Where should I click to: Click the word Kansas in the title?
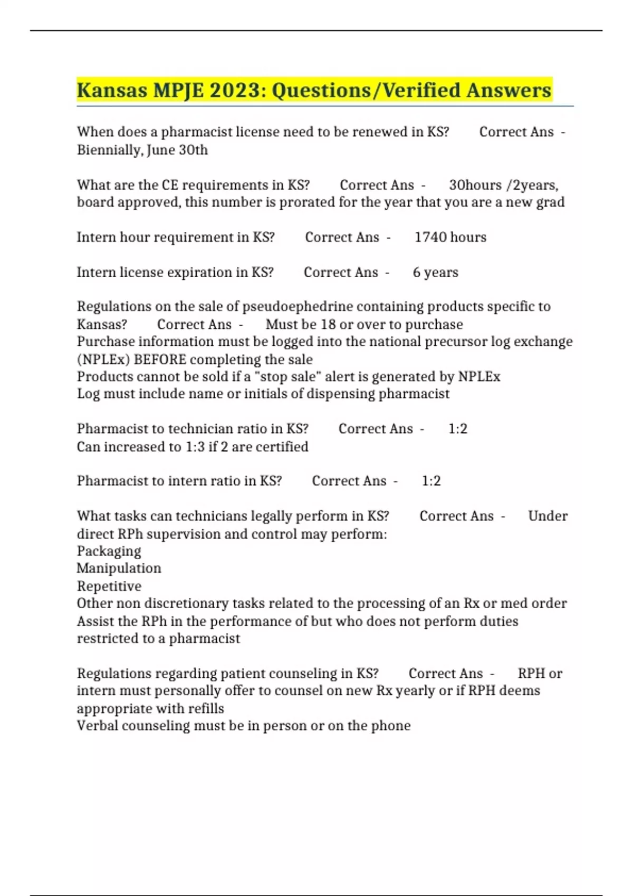pyautogui.click(x=112, y=90)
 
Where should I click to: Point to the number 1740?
pyautogui.click(x=430, y=237)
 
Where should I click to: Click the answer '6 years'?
pyautogui.click(x=435, y=272)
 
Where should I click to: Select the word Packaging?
pyautogui.click(x=109, y=551)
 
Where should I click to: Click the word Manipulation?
pyautogui.click(x=119, y=568)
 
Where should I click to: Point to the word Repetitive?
pyautogui.click(x=109, y=586)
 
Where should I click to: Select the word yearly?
pyautogui.click(x=415, y=690)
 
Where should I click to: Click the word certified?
pyautogui.click(x=283, y=447)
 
